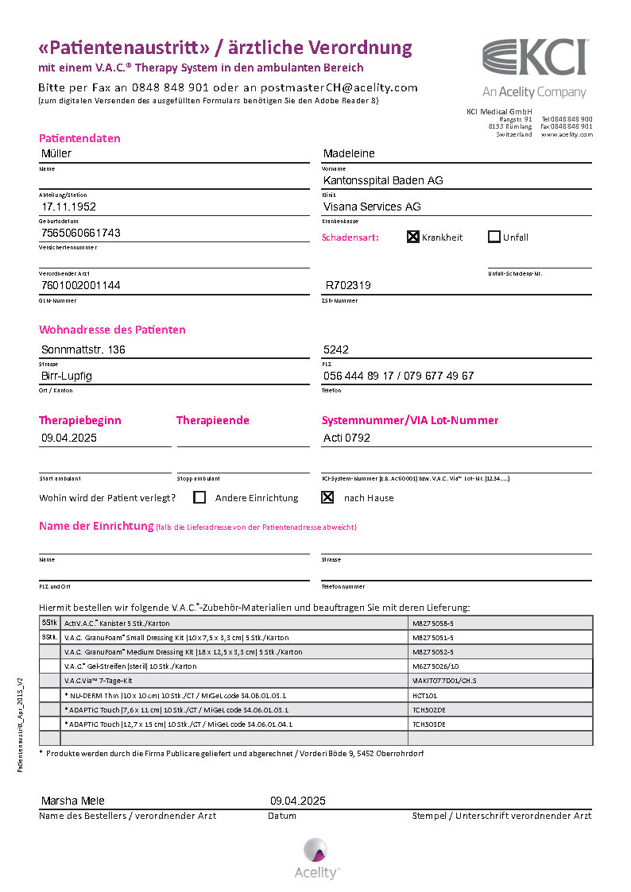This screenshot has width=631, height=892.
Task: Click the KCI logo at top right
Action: [x=535, y=59]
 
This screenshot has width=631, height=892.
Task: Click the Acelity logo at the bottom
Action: [x=316, y=858]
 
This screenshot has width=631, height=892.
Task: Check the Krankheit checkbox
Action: [x=413, y=237]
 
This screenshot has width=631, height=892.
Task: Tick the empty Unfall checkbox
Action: [x=494, y=237]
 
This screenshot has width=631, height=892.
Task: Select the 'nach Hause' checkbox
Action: [x=327, y=498]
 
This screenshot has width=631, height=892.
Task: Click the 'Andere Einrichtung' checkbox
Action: [x=199, y=498]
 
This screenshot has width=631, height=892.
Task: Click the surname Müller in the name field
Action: [x=56, y=153]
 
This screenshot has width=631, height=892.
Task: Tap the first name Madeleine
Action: [x=349, y=153]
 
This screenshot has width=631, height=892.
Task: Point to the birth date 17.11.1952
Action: [x=69, y=207]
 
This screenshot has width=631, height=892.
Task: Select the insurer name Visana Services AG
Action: [x=372, y=207]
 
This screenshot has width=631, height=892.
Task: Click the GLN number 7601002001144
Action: [x=80, y=285]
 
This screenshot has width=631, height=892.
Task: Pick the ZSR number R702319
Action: [x=348, y=285]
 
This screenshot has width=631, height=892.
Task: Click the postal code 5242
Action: [x=336, y=349]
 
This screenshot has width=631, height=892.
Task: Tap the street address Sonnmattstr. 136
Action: [x=83, y=349]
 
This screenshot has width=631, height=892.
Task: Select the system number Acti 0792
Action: [x=346, y=438]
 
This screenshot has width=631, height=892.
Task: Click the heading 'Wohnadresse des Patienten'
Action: [x=112, y=330]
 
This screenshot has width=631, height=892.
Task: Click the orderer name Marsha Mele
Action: [x=72, y=801]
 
